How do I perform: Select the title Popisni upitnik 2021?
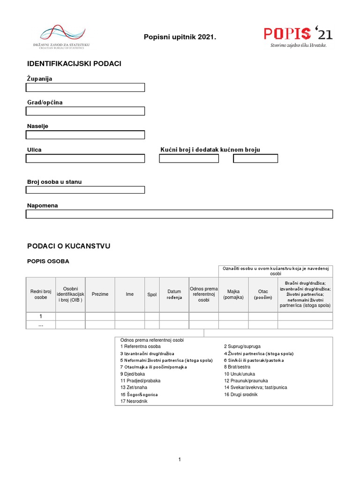[x=180, y=37]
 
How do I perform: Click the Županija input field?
[x=85, y=87]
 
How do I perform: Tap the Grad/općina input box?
[x=85, y=111]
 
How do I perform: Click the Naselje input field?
[x=85, y=135]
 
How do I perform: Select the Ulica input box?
[x=85, y=158]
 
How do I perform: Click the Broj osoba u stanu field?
[x=85, y=190]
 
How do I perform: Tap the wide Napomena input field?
[x=179, y=214]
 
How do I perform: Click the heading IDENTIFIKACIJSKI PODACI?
[x=74, y=63]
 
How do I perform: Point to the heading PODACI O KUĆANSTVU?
[x=69, y=246]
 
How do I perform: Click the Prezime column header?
[x=100, y=294]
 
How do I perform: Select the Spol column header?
[x=152, y=294]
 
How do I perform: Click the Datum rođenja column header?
[x=174, y=294]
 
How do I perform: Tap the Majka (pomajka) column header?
[x=233, y=294]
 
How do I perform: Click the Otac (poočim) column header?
[x=263, y=294]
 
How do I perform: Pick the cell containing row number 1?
[x=40, y=316]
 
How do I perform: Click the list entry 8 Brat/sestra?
[x=237, y=367]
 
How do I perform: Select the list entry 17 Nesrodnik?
[x=134, y=401]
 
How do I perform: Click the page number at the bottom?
[x=180, y=460]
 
